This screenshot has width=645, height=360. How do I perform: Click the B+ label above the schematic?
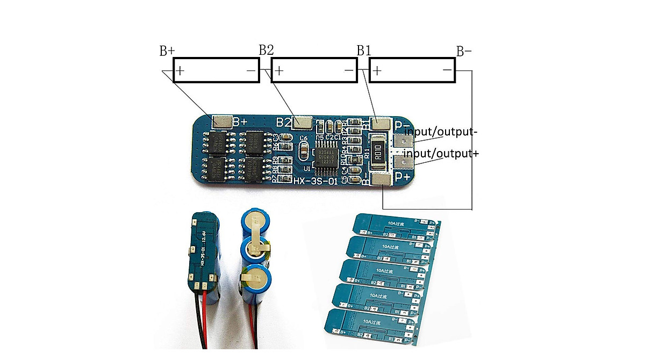pos(167,51)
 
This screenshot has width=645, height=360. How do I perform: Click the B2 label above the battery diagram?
pos(266,50)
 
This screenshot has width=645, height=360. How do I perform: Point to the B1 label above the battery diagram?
pos(364,51)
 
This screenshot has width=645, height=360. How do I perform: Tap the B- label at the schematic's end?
pos(464,52)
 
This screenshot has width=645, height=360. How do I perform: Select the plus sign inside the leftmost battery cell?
pos(181,70)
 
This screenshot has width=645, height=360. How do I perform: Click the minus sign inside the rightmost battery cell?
pos(447,70)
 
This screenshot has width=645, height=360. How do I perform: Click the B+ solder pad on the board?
pos(221,122)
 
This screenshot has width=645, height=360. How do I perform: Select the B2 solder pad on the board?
pos(303,123)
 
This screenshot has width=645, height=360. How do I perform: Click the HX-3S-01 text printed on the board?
pos(316,182)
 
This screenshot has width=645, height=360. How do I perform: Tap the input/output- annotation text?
pos(440,132)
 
